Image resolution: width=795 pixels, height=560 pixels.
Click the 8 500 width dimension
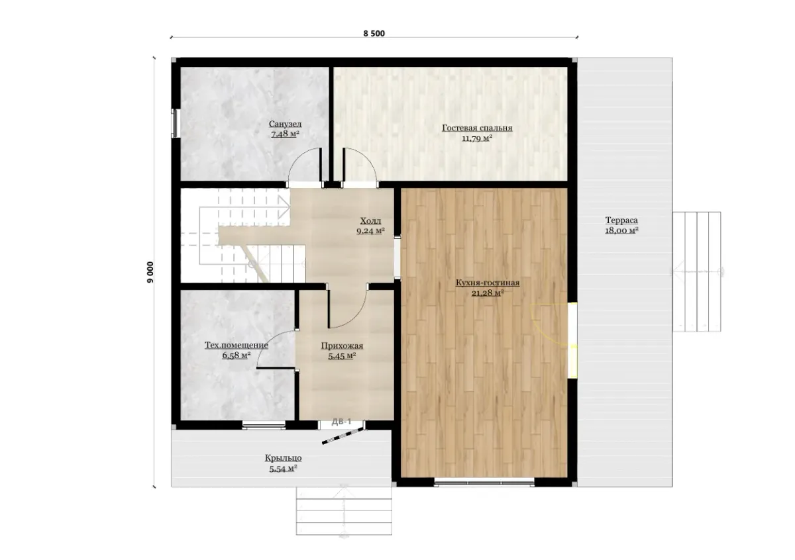(x=374, y=34)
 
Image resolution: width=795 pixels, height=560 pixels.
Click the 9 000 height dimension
(x=150, y=272)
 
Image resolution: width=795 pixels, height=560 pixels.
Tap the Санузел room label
(x=285, y=124)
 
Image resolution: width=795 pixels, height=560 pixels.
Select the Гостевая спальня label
(x=477, y=128)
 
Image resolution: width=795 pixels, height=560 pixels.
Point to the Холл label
(x=370, y=221)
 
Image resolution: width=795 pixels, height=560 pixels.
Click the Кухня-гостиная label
(x=488, y=283)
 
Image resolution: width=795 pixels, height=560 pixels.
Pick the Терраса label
(x=621, y=220)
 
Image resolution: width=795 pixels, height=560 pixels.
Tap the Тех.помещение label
(x=237, y=345)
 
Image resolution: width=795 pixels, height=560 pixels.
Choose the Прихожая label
(x=342, y=346)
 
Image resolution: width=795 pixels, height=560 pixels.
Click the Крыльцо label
(x=284, y=458)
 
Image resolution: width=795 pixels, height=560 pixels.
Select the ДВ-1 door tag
(x=341, y=422)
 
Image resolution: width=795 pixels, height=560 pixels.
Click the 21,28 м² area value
(x=488, y=293)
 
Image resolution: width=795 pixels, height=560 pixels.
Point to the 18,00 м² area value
(x=621, y=230)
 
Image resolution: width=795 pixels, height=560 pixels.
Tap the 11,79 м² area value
(x=477, y=138)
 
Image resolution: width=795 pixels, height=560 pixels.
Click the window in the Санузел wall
(x=174, y=123)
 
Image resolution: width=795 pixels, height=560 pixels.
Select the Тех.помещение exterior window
(x=264, y=425)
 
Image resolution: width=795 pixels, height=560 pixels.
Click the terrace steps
(x=697, y=271)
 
